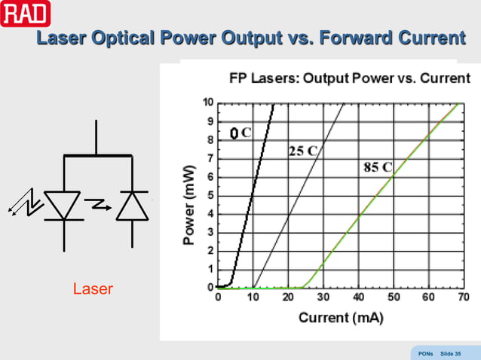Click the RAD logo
pyautogui.click(x=25, y=14)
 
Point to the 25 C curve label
pyautogui.click(x=303, y=150)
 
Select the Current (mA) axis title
pyautogui.click(x=341, y=317)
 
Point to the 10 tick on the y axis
pyautogui.click(x=207, y=102)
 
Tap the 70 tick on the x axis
pyautogui.click(x=461, y=299)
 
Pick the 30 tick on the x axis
pyautogui.click(x=323, y=299)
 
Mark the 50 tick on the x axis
pyautogui.click(x=392, y=299)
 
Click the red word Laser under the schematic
pyautogui.click(x=93, y=288)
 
